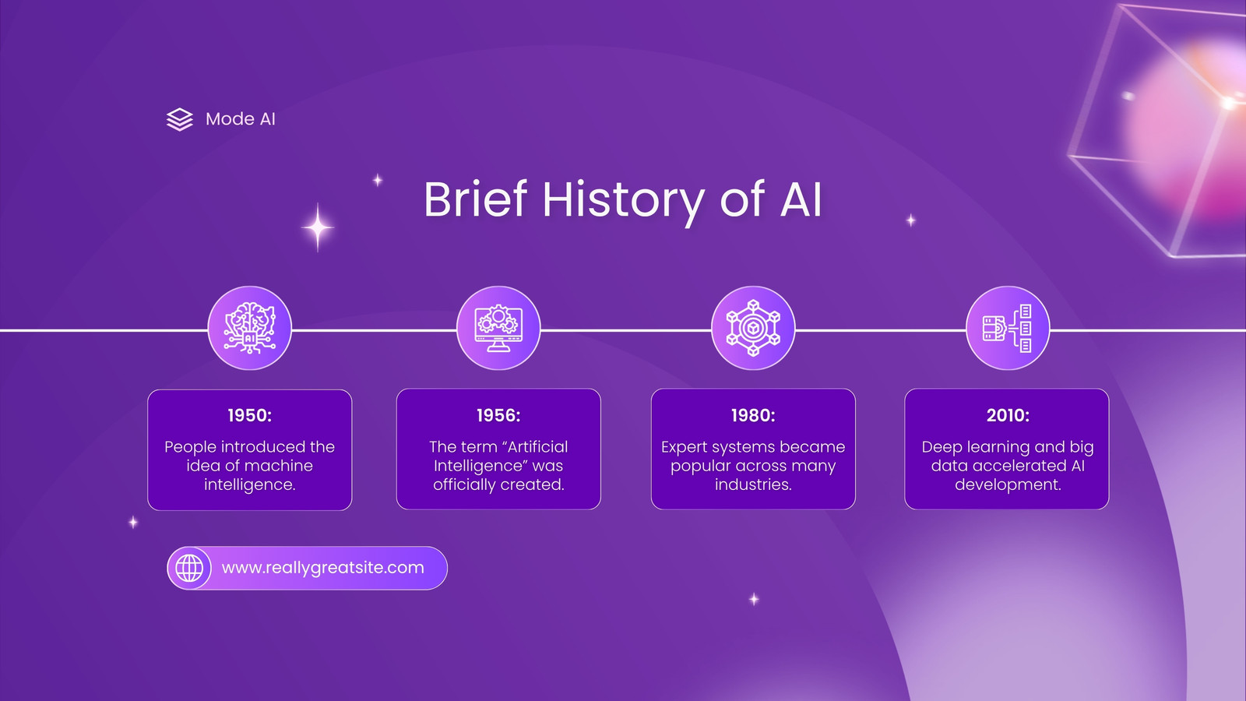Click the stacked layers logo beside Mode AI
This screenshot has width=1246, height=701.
click(x=180, y=119)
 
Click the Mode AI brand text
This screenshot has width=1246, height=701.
click(x=241, y=119)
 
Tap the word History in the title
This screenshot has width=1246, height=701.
click(x=624, y=201)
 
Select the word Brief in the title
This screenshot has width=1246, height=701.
click(x=475, y=199)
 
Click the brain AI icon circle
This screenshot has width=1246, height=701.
click(x=250, y=328)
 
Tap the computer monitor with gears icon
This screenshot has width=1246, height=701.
click(x=498, y=328)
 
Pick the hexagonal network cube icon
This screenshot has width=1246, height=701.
click(x=753, y=328)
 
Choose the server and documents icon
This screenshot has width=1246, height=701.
click(x=1008, y=328)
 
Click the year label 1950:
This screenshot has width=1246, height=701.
click(x=250, y=416)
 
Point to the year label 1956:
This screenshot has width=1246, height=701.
click(x=498, y=416)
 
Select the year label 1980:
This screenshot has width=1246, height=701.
click(x=753, y=416)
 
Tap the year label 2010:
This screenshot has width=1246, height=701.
click(x=1008, y=416)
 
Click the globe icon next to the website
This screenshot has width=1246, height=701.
click(x=189, y=568)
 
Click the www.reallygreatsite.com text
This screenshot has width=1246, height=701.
click(x=322, y=568)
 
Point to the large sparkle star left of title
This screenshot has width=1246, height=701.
click(x=318, y=227)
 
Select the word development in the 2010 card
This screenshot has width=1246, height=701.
click(x=1008, y=485)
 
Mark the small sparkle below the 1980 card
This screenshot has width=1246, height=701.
click(x=754, y=599)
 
